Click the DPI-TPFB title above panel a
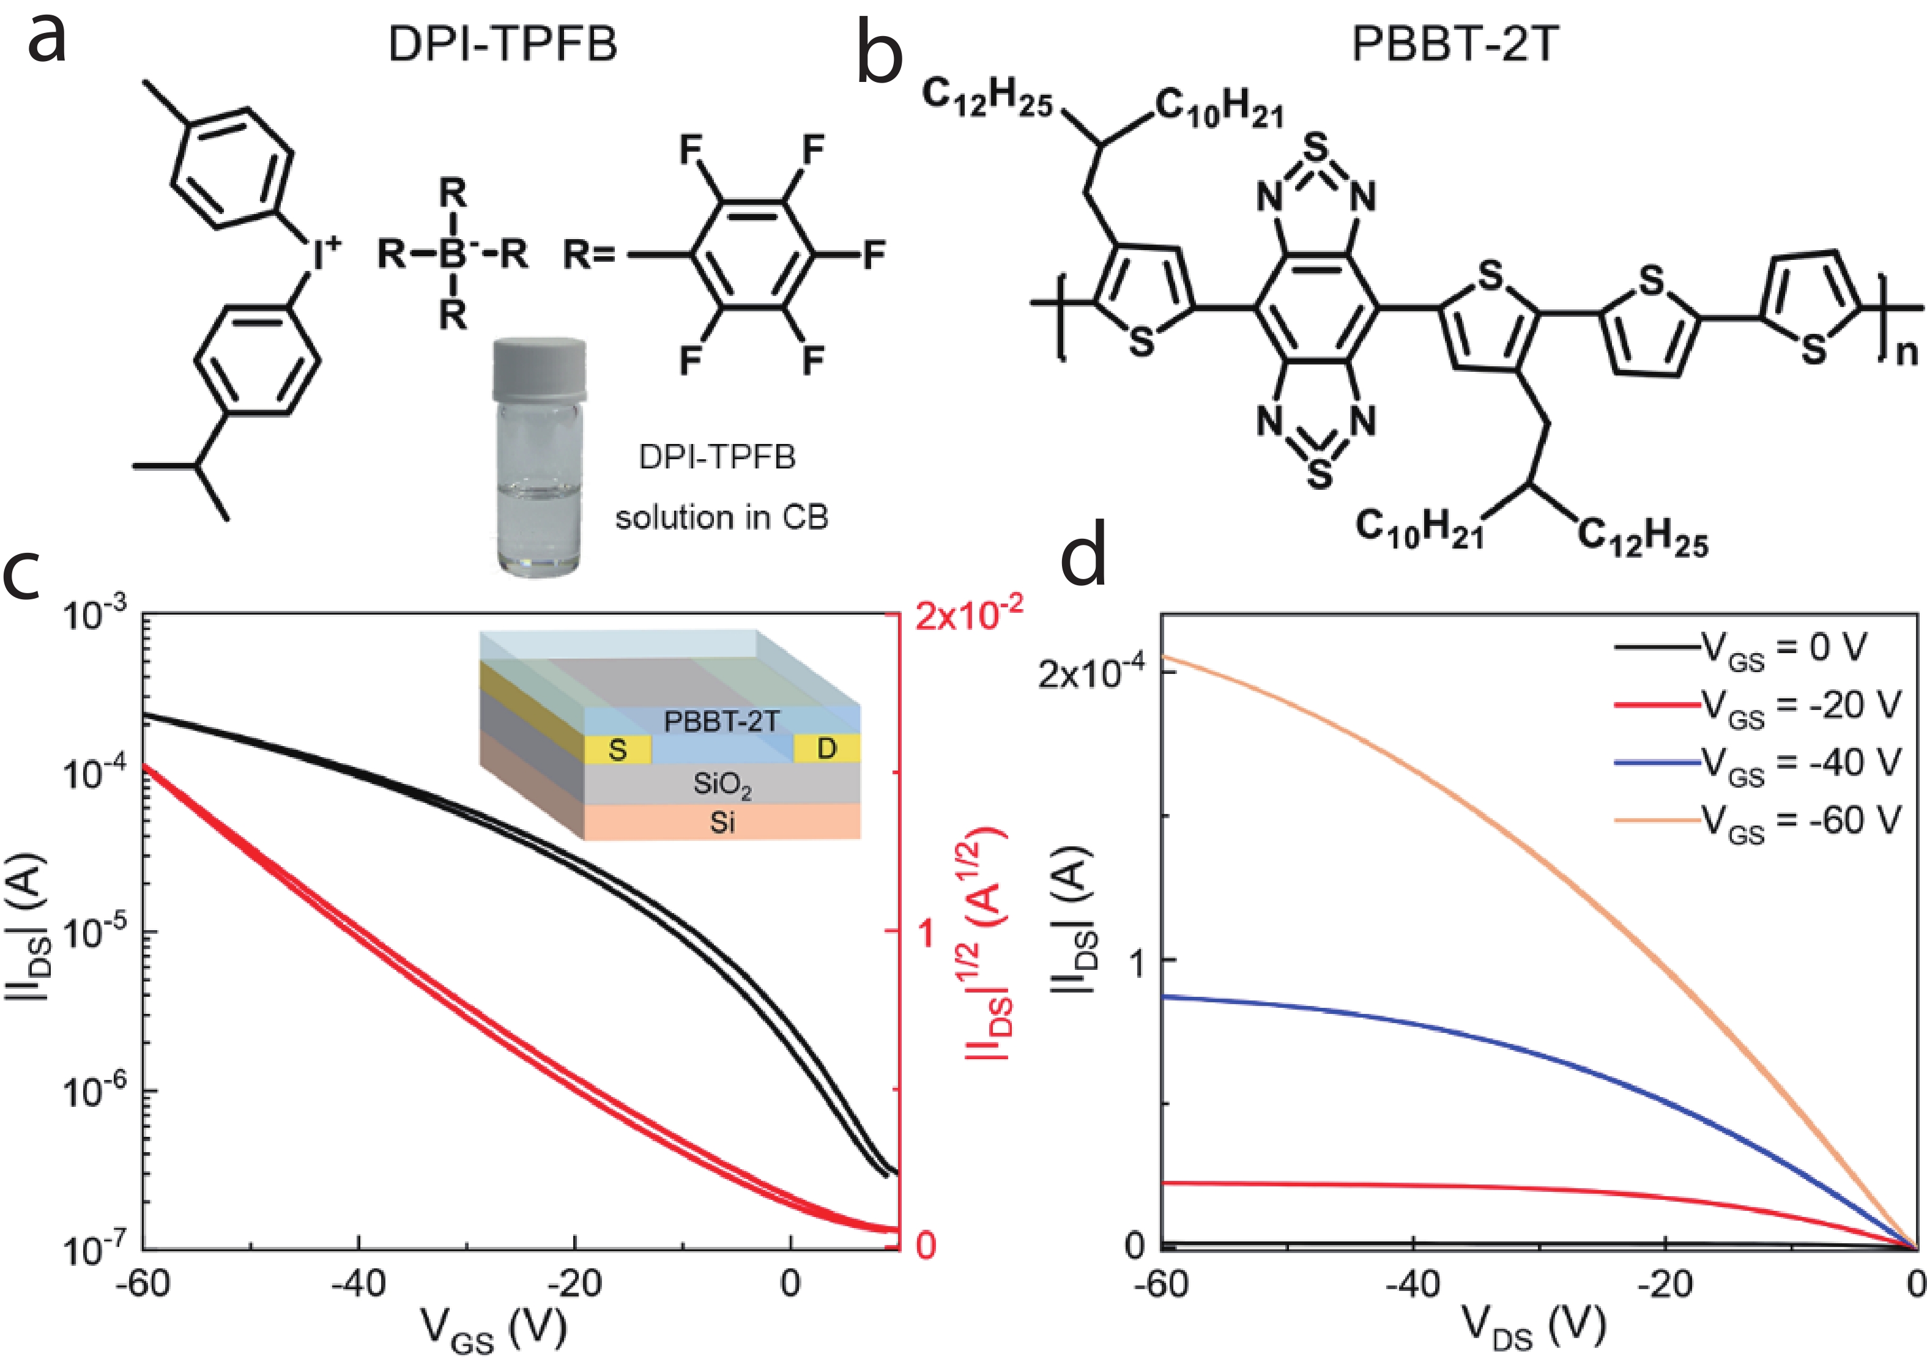point(502,43)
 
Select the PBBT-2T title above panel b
point(1455,43)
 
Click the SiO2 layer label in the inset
point(722,785)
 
